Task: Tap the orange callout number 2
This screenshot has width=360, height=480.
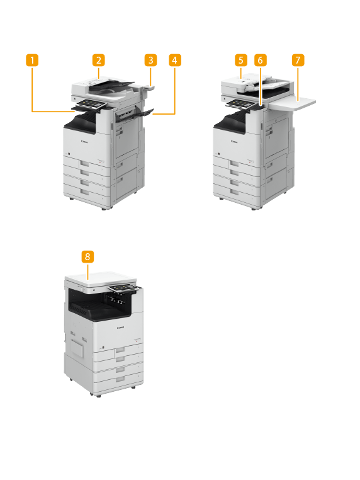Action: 98,60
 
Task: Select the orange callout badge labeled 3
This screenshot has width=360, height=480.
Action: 150,60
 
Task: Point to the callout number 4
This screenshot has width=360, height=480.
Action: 174,60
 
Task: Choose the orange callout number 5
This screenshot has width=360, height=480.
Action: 240,60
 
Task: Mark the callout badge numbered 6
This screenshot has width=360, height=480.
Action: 261,60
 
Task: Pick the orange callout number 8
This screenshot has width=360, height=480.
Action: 88,256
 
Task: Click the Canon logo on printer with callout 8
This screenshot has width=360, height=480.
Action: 120,328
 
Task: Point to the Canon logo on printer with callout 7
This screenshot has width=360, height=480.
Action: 234,142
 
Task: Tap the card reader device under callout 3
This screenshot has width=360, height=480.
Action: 149,89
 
